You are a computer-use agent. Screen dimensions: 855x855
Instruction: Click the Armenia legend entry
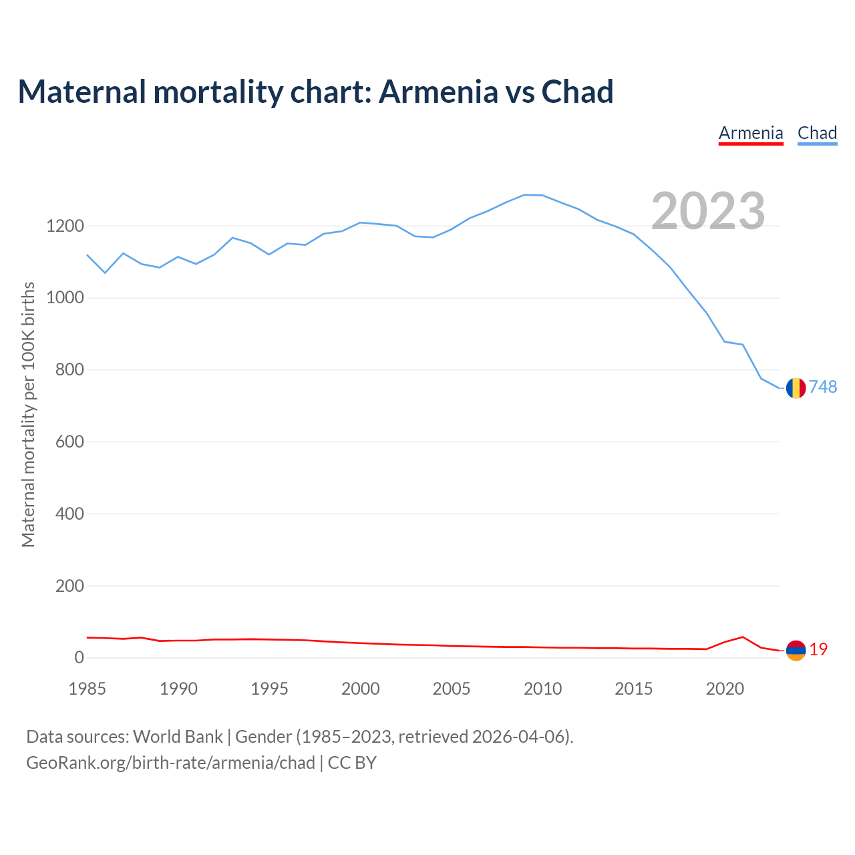click(x=751, y=133)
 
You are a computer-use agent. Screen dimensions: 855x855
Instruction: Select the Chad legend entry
click(x=817, y=133)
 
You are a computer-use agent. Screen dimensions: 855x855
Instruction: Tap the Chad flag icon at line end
click(x=796, y=387)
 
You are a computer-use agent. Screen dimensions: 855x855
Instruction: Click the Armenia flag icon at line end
click(x=796, y=650)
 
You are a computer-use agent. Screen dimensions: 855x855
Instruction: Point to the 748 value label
click(x=823, y=387)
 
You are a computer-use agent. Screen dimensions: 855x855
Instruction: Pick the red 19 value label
click(x=818, y=649)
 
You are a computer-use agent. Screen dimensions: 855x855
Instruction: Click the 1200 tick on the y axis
click(x=65, y=226)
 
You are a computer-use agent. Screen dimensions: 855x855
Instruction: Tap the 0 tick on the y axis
click(x=79, y=658)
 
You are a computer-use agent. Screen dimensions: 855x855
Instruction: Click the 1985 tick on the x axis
click(x=88, y=689)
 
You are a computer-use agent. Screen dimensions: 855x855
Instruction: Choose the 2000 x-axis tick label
click(x=361, y=689)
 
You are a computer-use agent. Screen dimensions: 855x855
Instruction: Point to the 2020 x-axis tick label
click(x=725, y=689)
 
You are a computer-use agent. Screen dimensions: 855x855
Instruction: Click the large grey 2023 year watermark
click(x=708, y=211)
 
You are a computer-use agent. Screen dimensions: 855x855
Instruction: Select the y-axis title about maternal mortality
click(x=28, y=414)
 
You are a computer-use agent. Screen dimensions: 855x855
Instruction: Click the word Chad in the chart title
click(x=577, y=92)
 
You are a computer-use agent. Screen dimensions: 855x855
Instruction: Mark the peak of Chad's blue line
click(x=525, y=194)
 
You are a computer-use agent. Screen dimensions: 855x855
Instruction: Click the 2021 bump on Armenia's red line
click(x=743, y=637)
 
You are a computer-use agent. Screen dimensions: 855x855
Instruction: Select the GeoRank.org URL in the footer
click(x=170, y=763)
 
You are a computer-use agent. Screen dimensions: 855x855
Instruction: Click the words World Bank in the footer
click(x=178, y=737)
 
